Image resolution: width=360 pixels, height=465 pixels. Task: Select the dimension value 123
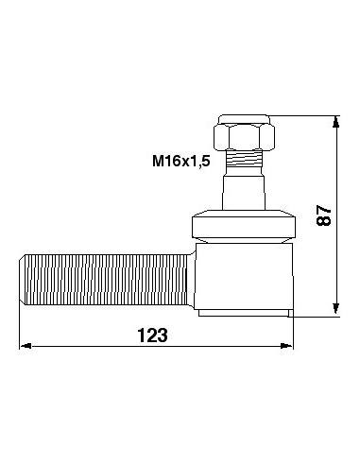pyautogui.click(x=153, y=335)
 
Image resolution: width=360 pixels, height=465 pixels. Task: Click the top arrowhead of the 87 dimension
pyautogui.click(x=336, y=121)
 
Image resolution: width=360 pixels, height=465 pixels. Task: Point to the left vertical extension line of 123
pyautogui.click(x=21, y=326)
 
